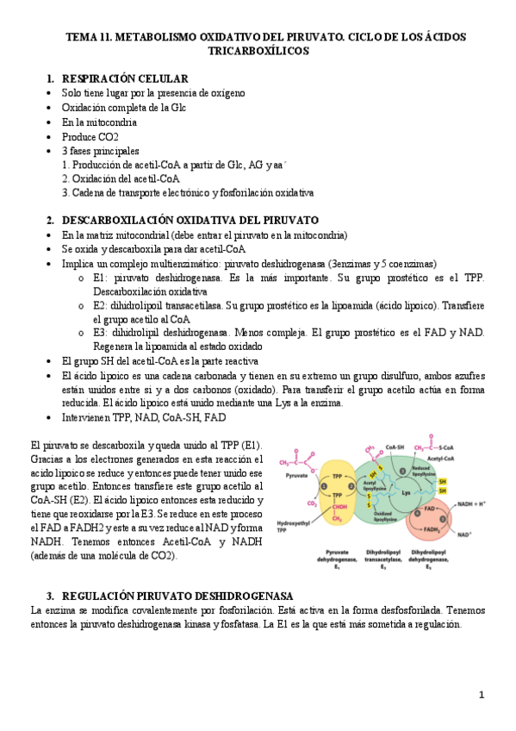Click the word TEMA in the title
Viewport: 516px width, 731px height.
[83, 37]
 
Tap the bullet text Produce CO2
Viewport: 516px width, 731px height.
[90, 136]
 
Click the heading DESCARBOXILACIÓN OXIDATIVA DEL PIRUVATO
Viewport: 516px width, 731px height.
[190, 220]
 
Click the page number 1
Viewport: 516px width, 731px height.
[482, 694]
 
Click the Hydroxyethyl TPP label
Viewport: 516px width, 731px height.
[291, 526]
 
